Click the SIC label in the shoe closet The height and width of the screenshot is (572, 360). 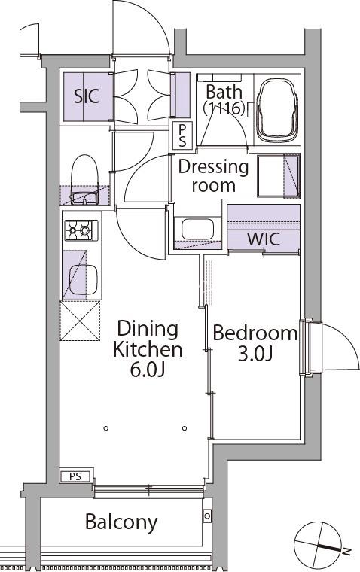87,96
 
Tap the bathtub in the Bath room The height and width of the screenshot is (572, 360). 277,111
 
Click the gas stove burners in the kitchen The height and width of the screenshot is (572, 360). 81,230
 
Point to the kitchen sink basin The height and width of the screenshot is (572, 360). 84,280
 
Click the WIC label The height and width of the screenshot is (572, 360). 264,239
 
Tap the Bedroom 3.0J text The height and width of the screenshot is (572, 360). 255,342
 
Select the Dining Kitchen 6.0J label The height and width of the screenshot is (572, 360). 148,348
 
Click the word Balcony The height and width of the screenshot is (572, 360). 121,522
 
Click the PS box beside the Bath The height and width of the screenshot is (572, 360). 182,135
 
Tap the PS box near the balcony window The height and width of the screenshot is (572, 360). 75,476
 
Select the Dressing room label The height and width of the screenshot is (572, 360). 213,175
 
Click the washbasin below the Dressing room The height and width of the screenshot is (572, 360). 197,229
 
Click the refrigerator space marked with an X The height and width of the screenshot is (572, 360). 80,321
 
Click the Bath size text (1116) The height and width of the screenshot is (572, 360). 224,108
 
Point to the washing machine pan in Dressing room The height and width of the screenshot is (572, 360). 279,176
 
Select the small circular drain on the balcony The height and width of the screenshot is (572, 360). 207,516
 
